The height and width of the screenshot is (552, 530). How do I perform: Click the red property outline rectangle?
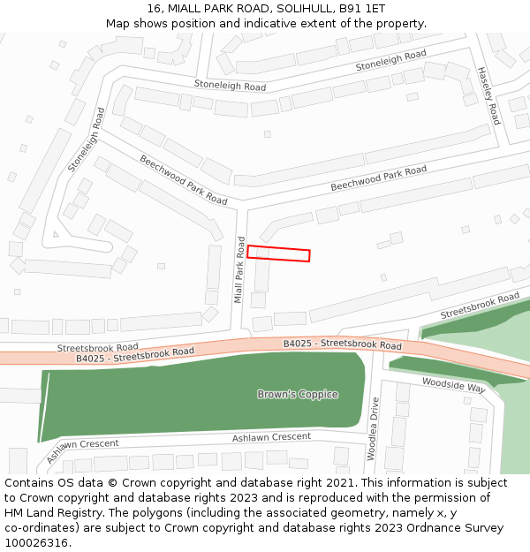tap(278, 253)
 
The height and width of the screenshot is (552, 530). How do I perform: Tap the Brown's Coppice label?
tap(298, 394)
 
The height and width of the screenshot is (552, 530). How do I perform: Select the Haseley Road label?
tap(488, 95)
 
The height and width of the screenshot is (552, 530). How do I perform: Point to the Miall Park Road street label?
tap(239, 270)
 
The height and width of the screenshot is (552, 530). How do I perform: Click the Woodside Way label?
tap(453, 385)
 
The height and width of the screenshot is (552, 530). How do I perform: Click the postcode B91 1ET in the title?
tap(363, 8)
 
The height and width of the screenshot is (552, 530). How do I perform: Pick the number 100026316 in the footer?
tap(36, 543)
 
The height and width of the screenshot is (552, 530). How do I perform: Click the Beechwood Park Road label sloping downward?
tap(183, 179)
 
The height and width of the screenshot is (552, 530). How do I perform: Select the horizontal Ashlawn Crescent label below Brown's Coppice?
tap(271, 437)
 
